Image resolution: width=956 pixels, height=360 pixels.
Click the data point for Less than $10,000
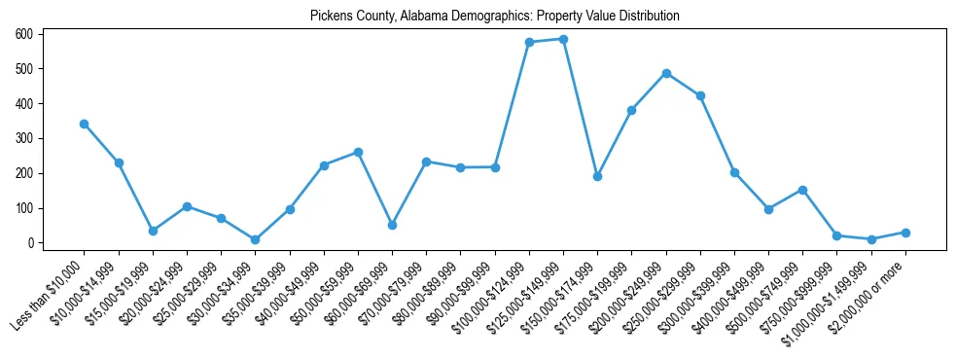[85, 124]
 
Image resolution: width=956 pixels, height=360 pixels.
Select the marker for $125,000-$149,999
[563, 39]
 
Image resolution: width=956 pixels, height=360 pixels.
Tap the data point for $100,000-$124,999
[529, 42]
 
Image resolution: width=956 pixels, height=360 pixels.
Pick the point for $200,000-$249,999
[666, 73]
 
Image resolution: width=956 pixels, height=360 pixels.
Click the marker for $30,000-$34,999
[255, 239]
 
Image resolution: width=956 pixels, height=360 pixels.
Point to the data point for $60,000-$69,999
[392, 225]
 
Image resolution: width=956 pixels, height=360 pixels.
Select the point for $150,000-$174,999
[597, 176]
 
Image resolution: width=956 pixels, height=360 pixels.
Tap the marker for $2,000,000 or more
[905, 233]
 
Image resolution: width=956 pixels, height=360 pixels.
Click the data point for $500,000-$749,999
[802, 190]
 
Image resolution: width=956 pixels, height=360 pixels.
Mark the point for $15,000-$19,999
[153, 231]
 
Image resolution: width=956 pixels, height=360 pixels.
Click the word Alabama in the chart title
[420, 17]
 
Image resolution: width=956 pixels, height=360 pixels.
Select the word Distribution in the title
[648, 17]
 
